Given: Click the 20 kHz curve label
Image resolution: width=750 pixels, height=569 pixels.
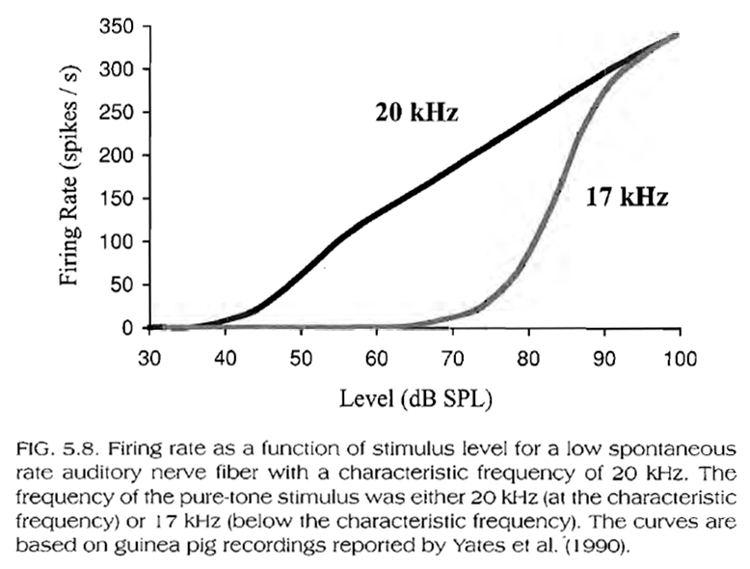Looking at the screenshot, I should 416,114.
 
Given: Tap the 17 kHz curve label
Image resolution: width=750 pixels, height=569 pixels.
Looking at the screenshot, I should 627,198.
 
